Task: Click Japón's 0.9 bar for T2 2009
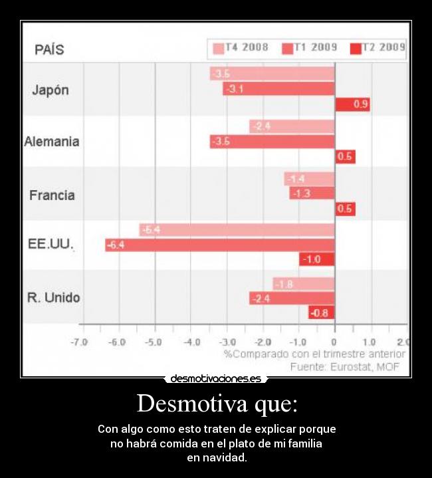click(352, 104)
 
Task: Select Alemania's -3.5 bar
click(272, 142)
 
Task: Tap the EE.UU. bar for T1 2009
click(220, 245)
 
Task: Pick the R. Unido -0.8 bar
click(321, 312)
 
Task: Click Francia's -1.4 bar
click(309, 179)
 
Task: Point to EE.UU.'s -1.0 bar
click(317, 259)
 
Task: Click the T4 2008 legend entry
click(240, 48)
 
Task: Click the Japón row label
click(51, 90)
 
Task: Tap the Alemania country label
click(52, 142)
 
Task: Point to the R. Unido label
click(53, 298)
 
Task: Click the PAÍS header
click(49, 50)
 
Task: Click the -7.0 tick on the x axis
click(80, 342)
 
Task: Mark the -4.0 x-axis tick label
click(191, 342)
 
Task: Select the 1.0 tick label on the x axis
click(369, 342)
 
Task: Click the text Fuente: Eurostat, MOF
click(347, 366)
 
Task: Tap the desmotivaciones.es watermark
click(216, 379)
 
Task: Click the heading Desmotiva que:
click(217, 404)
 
